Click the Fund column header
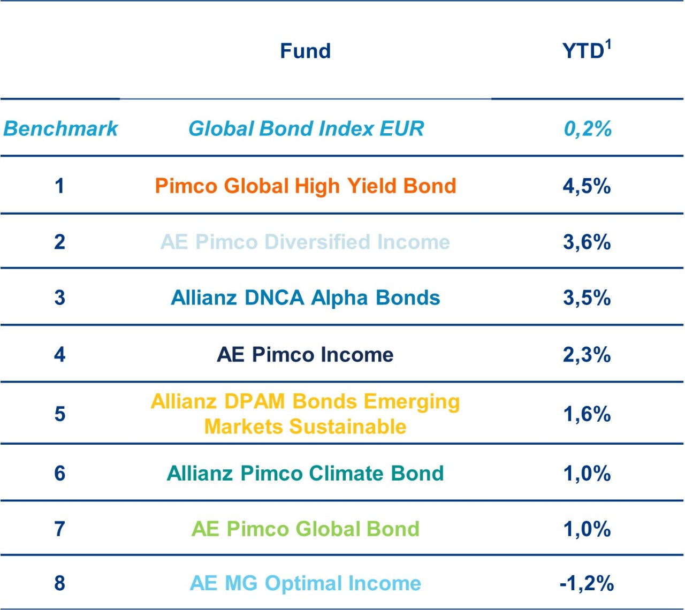click(305, 51)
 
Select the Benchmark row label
click(60, 128)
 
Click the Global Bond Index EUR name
click(306, 128)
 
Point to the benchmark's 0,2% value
click(587, 128)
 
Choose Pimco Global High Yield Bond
click(305, 186)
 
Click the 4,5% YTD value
click(587, 186)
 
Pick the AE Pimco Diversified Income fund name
click(305, 242)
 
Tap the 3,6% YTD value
click(587, 242)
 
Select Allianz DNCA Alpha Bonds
click(305, 298)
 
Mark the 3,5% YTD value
click(587, 298)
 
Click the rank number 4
click(59, 354)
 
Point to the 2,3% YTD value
click(587, 354)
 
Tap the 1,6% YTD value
click(587, 414)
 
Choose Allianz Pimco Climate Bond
click(305, 473)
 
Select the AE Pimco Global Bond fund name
click(305, 529)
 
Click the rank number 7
click(59, 529)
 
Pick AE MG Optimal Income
click(305, 583)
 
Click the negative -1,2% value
click(587, 583)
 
